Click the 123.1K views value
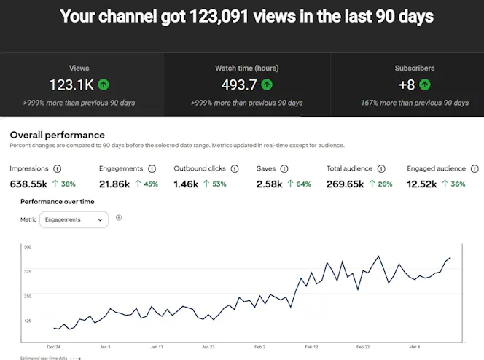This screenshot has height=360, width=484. click(x=71, y=85)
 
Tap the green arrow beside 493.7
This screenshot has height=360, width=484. click(x=267, y=85)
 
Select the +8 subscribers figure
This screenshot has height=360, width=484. click(x=407, y=85)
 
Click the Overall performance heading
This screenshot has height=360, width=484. click(x=57, y=135)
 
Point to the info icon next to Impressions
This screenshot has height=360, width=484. click(x=57, y=168)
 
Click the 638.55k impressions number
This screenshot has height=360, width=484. click(x=28, y=184)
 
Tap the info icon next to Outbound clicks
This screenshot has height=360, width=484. click(x=235, y=168)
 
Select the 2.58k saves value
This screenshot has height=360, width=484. click(x=269, y=184)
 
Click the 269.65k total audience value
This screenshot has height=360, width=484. click(x=345, y=184)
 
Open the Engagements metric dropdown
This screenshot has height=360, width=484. click(x=74, y=219)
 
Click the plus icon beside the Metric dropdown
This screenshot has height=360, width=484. click(x=119, y=218)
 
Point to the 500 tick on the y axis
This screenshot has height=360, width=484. click(x=28, y=247)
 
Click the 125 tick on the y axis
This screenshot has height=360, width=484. click(x=28, y=321)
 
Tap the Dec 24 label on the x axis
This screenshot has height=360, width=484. click(x=53, y=347)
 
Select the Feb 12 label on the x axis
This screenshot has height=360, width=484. click(x=311, y=347)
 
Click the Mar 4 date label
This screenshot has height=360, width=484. click(x=415, y=347)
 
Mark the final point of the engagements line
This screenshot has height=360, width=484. click(x=450, y=257)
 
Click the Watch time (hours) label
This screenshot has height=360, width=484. click(x=247, y=69)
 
